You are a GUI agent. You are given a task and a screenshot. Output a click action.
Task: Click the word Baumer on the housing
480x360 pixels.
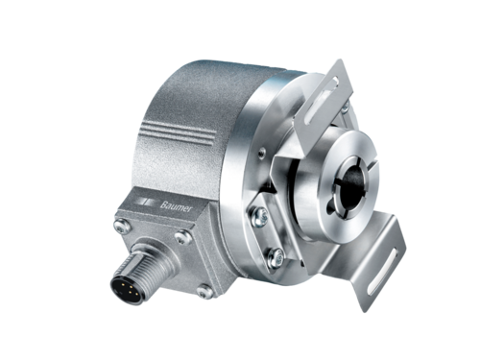(176, 206)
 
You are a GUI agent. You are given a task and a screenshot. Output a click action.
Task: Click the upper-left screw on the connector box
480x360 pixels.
(123, 227)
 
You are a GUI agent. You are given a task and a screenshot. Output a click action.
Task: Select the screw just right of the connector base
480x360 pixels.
(183, 237)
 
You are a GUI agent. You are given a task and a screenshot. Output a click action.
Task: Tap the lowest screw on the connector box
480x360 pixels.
(204, 292)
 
